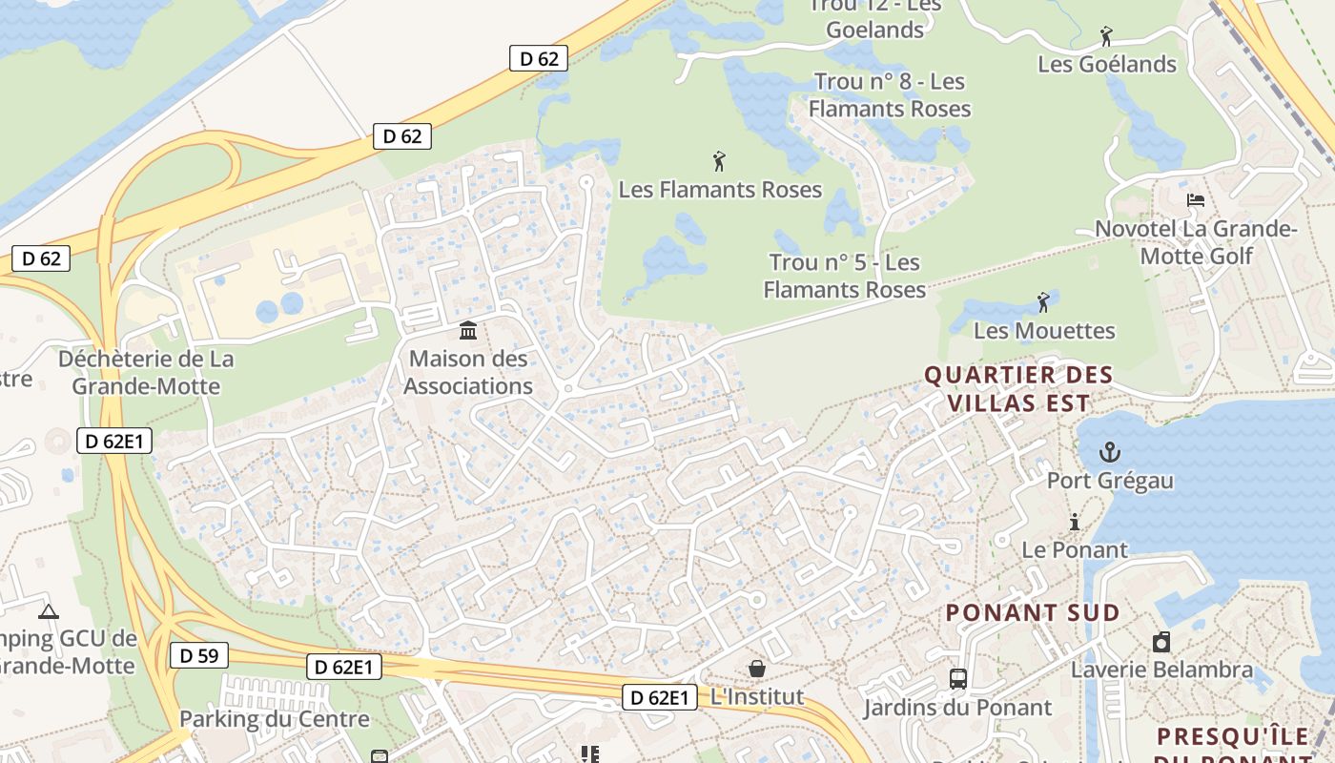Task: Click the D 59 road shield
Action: (198, 655)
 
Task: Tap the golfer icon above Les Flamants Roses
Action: (719, 160)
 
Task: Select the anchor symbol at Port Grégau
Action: (1109, 451)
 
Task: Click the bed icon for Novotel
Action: (1195, 200)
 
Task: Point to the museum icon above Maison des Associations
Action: (468, 331)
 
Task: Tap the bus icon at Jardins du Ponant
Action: (958, 679)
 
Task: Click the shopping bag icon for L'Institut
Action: (757, 668)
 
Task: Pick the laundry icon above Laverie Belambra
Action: (1160, 642)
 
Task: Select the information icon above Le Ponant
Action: (1075, 522)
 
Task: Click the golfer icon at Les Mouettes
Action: (1043, 302)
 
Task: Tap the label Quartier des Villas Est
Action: (1018, 389)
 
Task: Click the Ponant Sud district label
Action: (1032, 612)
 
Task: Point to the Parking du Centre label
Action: (274, 719)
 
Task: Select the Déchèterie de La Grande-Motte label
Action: (146, 373)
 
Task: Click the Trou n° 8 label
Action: (890, 95)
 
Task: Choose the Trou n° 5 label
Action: (845, 276)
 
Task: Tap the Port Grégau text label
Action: (1110, 480)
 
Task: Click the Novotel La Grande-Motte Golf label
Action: (1196, 242)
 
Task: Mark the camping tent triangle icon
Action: (49, 610)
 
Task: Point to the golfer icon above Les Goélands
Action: (1106, 36)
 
